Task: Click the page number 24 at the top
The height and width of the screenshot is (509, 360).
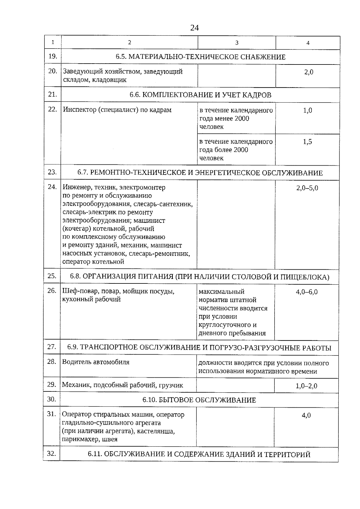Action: coord(194,28)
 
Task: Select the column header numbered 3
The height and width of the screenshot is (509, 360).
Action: coord(237,43)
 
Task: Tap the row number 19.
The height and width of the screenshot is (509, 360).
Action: coord(53,56)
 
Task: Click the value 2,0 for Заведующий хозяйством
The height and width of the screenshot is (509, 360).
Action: coord(308,72)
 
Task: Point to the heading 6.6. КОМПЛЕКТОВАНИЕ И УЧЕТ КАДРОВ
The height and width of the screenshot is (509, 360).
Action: coord(200,95)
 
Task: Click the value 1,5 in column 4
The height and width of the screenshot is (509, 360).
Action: coord(307,142)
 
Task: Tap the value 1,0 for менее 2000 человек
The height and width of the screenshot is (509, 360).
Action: coord(307,110)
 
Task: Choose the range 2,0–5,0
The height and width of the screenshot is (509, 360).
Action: coord(307,188)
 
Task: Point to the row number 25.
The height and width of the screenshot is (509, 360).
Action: coord(52,276)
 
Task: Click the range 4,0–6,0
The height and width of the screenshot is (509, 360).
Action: coord(307,292)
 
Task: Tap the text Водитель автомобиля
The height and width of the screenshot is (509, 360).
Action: coord(96,362)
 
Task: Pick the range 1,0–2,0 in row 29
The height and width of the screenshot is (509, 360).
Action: coord(306,386)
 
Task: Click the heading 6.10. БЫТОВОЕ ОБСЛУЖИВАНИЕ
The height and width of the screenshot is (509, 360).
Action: coord(199,400)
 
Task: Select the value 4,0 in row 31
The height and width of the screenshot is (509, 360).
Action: coord(306,415)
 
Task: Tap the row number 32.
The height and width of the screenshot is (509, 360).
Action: coord(52,454)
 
